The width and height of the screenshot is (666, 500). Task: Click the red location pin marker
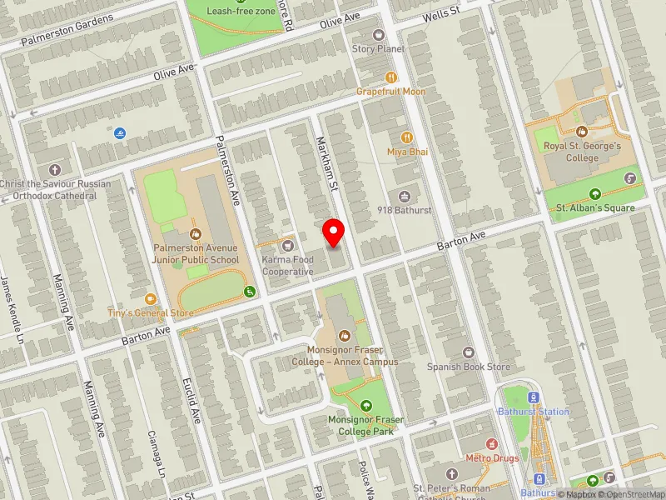[334, 232]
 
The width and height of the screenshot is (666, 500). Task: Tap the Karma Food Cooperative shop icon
[288, 245]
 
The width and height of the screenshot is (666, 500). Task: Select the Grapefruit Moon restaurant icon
[391, 77]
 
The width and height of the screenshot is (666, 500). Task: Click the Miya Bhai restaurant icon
[406, 137]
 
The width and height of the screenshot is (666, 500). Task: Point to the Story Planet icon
[379, 35]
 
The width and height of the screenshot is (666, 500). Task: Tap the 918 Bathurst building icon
[405, 196]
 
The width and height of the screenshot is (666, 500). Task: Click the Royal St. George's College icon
[582, 132]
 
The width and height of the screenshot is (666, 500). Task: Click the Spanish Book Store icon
[468, 352]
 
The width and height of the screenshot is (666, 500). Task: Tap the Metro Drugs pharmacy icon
[491, 444]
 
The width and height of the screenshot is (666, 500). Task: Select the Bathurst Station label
[534, 412]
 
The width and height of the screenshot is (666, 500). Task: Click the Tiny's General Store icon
[151, 298]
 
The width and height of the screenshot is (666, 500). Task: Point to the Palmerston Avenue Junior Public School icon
[195, 233]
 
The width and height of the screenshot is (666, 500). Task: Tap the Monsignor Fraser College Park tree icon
[366, 405]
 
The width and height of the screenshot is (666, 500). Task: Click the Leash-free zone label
[241, 11]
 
